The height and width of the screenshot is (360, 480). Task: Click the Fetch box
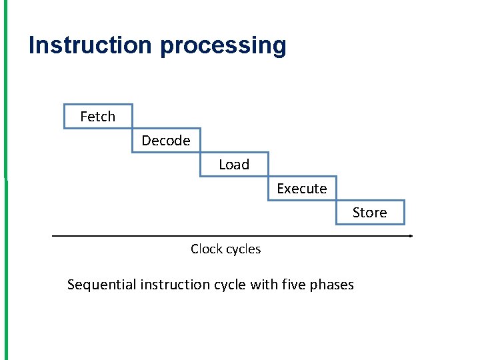(98, 117)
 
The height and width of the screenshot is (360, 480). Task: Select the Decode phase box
(166, 141)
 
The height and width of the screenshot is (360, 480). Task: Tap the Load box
(234, 165)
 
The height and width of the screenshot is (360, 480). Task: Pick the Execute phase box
(302, 189)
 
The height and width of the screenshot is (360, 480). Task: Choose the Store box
(370, 213)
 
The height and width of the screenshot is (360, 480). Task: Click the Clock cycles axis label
(225, 249)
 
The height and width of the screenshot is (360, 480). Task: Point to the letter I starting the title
(32, 45)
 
